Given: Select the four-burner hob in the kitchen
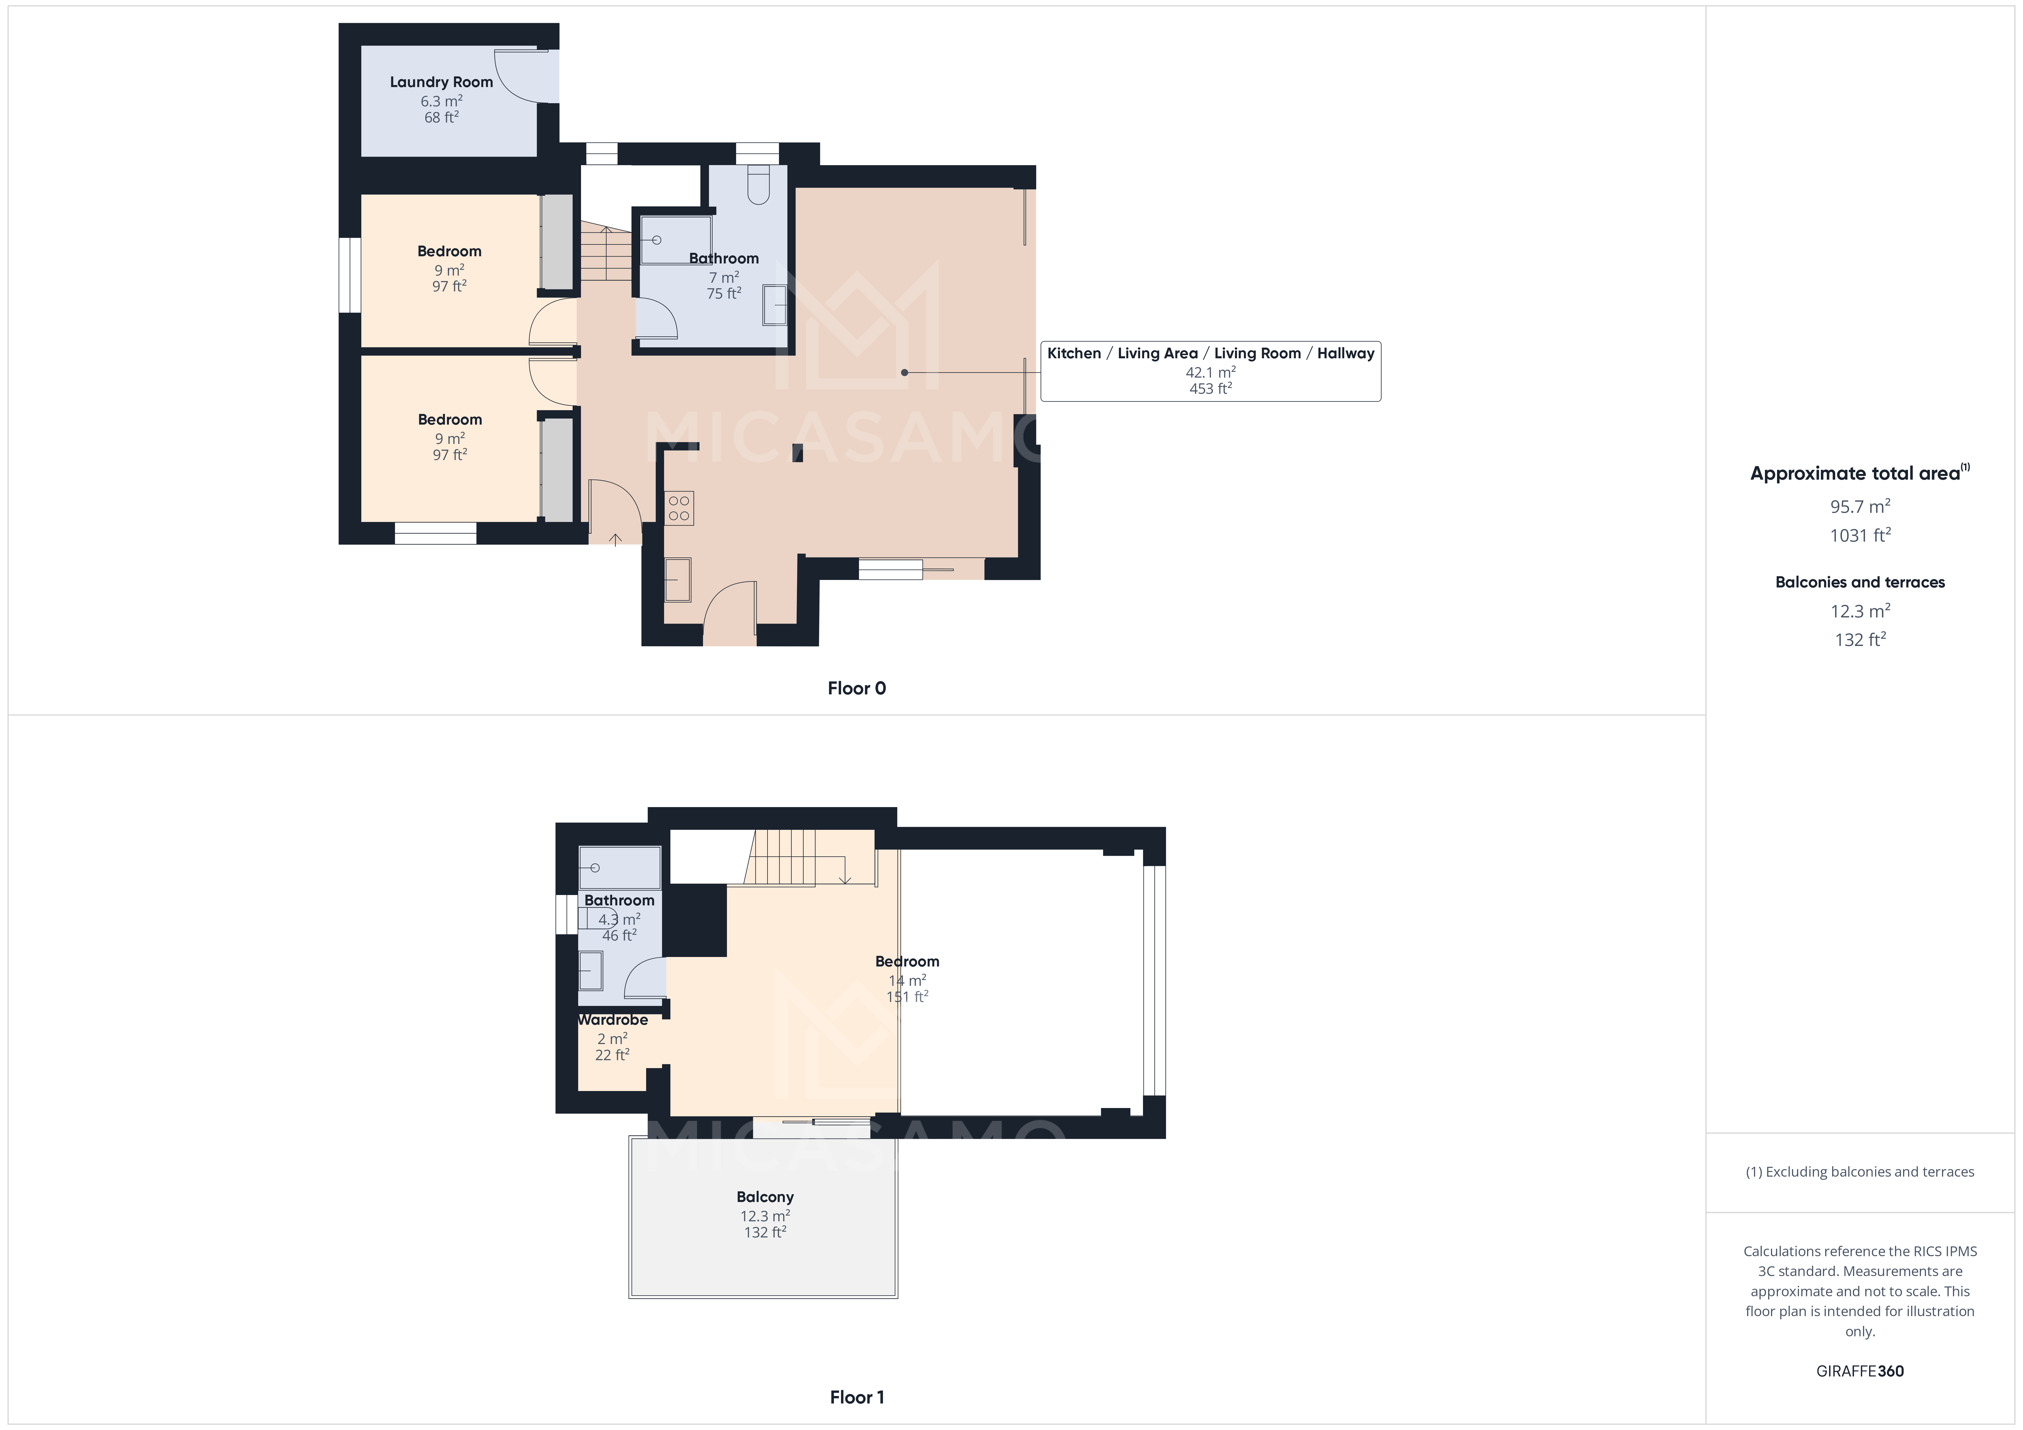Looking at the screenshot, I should pos(678,508).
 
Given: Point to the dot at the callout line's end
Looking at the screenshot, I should pos(904,373).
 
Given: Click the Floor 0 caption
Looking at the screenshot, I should pos(856,688).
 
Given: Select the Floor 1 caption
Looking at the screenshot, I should pos(856,1397).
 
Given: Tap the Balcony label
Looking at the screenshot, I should pos(765,1197).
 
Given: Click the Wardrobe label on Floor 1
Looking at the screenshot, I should pos(612,1020).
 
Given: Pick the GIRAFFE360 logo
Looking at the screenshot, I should pos(1859,1371).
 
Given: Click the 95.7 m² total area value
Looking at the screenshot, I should pos(1859,507).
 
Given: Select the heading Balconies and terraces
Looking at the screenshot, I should pos(1859,582).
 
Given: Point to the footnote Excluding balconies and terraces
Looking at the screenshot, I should pos(1859,1172).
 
